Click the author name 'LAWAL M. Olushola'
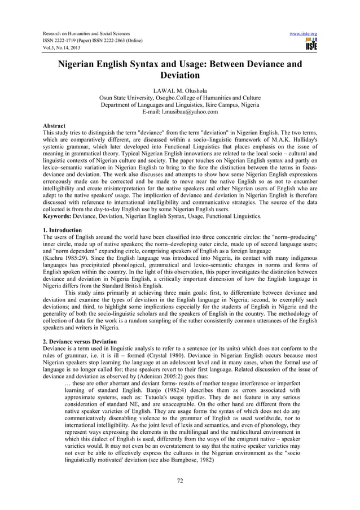180,90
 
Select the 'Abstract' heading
54,125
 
